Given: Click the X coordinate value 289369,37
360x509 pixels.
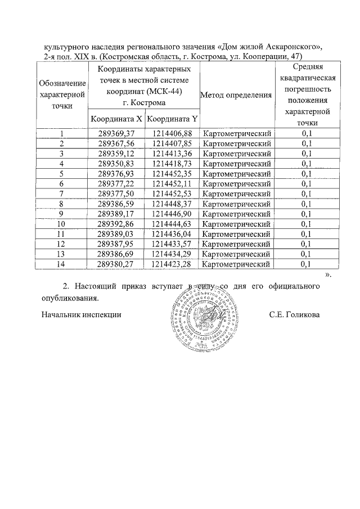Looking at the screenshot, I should (x=116, y=133).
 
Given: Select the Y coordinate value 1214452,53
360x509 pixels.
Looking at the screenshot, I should (x=172, y=194).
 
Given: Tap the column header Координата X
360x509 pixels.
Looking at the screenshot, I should (x=116, y=119).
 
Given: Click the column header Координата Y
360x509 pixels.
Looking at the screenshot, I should (x=172, y=119).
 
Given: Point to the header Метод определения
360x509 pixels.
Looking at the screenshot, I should (x=236, y=94).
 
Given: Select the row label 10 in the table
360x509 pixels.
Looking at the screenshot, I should (x=62, y=224).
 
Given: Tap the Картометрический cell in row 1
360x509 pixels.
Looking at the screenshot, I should (x=237, y=133).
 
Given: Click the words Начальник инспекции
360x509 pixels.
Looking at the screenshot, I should (x=82, y=315).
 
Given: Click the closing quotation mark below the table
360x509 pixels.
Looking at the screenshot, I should (x=328, y=275).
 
